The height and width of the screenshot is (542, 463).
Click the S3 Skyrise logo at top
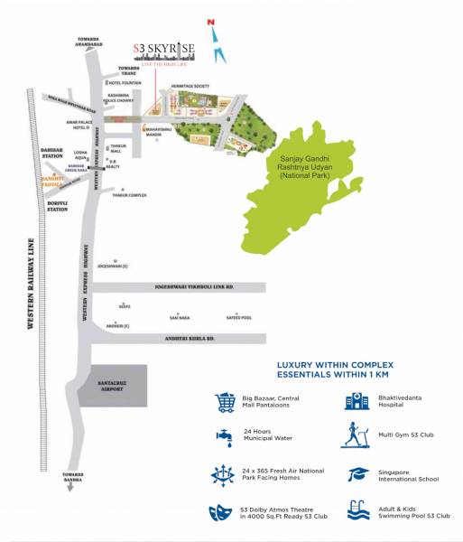pyautogui.click(x=162, y=51)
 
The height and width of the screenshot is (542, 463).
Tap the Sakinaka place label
pyautogui.click(x=180, y=318)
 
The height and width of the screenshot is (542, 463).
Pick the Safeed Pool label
pyautogui.click(x=240, y=318)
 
